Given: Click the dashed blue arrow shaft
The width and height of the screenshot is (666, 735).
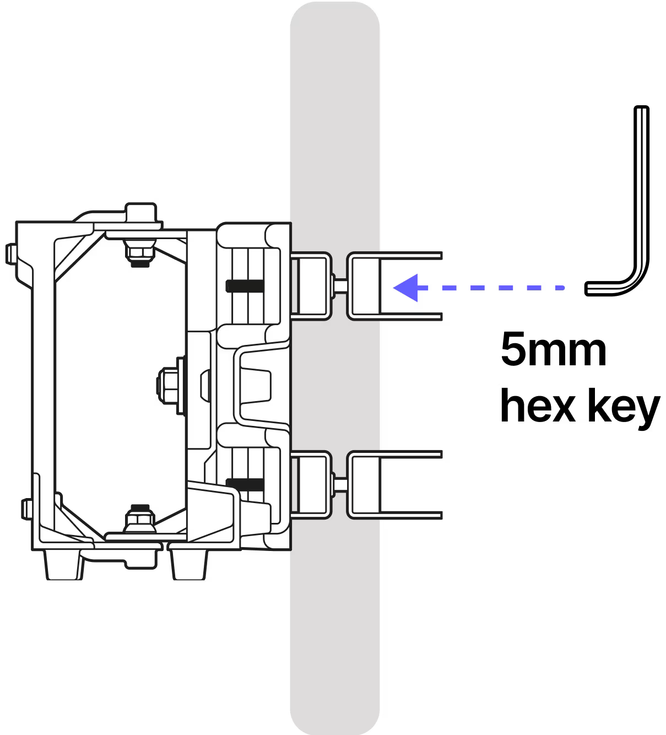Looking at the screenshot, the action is click(x=496, y=288).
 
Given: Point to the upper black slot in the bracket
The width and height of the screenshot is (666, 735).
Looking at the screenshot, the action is click(x=245, y=286).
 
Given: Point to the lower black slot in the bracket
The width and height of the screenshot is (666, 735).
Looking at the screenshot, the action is click(x=245, y=484).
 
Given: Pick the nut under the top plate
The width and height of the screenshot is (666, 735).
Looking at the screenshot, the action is click(x=139, y=252).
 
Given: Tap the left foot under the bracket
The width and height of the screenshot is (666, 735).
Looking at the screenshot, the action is click(x=65, y=565).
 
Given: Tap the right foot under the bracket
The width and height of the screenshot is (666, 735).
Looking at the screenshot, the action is click(x=191, y=564).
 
